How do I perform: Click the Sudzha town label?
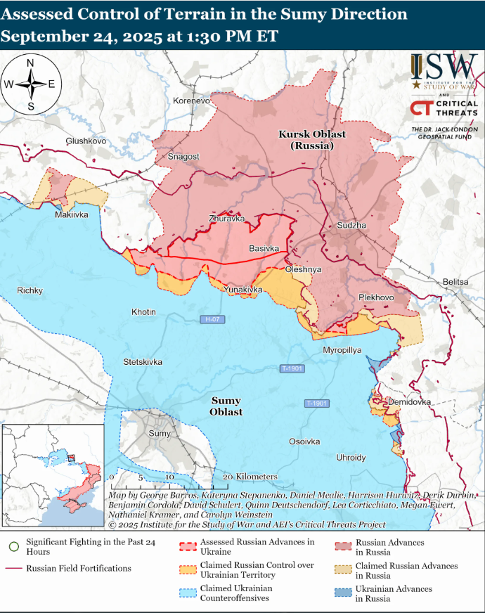351,226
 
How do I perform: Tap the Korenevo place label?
191,101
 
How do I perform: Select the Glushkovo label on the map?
86,141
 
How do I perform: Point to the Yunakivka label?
243,290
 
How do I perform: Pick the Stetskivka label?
143,362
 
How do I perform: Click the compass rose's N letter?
30,63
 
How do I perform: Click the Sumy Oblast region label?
226,406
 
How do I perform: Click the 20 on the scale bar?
227,477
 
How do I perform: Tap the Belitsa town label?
455,282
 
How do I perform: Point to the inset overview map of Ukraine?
53,476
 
